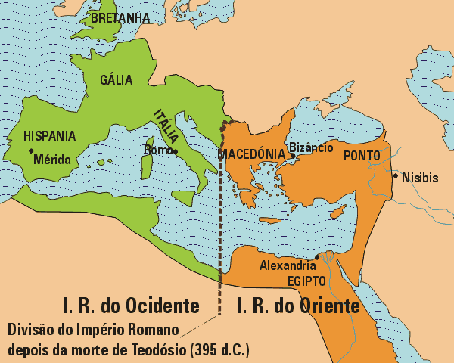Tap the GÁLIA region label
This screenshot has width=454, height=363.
[x=117, y=79]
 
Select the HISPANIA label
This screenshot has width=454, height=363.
[x=50, y=136]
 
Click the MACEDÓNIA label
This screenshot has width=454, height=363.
[x=250, y=154]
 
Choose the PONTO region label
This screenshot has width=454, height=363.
[x=362, y=156]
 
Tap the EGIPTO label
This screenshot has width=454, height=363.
[x=306, y=281]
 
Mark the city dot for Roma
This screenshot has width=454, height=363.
[x=176, y=151]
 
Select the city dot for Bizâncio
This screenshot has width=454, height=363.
[x=294, y=157]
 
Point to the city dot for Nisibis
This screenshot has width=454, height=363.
[x=395, y=175]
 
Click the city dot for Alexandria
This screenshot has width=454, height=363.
[x=317, y=257]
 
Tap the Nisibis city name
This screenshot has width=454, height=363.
[x=420, y=178]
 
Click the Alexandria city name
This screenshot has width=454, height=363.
[x=288, y=265]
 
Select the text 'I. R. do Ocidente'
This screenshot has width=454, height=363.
[x=131, y=306]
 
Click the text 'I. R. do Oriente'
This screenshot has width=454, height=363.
[x=297, y=306]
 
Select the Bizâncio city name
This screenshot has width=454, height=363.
[x=311, y=148]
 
